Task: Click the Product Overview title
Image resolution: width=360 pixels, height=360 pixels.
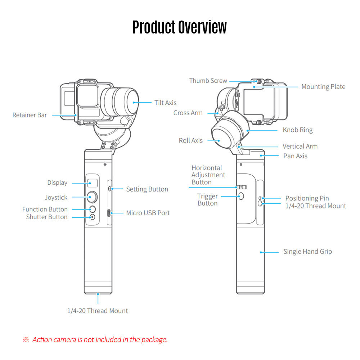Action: (x=180, y=27)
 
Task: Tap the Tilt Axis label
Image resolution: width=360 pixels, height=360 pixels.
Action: (x=165, y=103)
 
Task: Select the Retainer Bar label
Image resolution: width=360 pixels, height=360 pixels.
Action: (x=30, y=115)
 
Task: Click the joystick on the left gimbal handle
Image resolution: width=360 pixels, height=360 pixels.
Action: (x=92, y=197)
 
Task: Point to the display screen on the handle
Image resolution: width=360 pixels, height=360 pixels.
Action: (x=92, y=183)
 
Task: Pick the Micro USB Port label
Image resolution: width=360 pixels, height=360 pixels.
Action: (x=148, y=213)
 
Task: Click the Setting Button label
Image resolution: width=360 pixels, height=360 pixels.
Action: (x=147, y=189)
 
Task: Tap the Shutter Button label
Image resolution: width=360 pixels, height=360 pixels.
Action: (x=46, y=217)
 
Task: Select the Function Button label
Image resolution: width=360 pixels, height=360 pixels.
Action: (x=45, y=209)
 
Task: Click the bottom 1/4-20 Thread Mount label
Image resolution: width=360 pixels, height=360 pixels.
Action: (x=98, y=311)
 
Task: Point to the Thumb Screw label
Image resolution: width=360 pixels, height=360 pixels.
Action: (x=208, y=81)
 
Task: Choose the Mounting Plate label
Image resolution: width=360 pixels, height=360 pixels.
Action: (x=323, y=86)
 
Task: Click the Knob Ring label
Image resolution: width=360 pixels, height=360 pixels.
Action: (x=297, y=130)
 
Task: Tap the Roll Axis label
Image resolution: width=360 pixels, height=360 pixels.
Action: (x=190, y=140)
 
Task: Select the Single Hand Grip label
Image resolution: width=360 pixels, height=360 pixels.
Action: (x=307, y=252)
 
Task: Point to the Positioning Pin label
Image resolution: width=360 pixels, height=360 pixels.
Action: (x=307, y=198)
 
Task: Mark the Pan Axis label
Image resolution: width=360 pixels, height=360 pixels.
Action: (x=295, y=156)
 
